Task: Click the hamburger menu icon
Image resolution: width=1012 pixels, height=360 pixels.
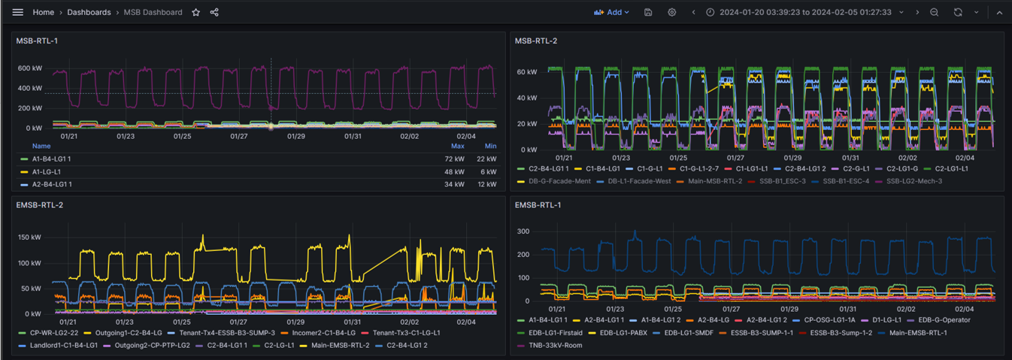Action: (x=17, y=12)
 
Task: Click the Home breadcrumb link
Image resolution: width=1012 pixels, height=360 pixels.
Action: (x=44, y=12)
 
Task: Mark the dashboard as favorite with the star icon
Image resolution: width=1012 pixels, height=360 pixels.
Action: (x=196, y=12)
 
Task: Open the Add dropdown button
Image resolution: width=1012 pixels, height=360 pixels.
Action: (x=612, y=12)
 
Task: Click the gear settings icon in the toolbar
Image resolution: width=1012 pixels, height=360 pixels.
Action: (x=671, y=12)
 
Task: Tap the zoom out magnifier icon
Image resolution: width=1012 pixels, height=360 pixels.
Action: (x=934, y=12)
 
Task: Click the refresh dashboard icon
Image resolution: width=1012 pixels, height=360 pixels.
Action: (x=958, y=12)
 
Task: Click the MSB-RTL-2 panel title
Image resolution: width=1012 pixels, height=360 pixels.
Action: (x=535, y=41)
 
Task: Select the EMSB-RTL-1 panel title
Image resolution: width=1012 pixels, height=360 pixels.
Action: (x=538, y=204)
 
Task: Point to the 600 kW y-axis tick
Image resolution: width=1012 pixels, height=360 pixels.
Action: (x=30, y=69)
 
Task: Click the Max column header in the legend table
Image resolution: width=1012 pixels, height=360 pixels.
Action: (x=457, y=146)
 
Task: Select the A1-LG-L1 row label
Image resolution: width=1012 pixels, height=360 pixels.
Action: (x=46, y=171)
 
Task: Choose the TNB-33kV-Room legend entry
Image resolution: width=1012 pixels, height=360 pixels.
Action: (x=555, y=346)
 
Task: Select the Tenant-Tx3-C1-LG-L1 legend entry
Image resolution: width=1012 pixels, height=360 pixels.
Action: (x=405, y=333)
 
